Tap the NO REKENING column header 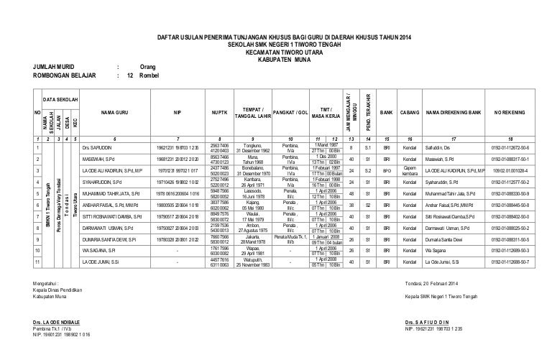click(510, 113)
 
